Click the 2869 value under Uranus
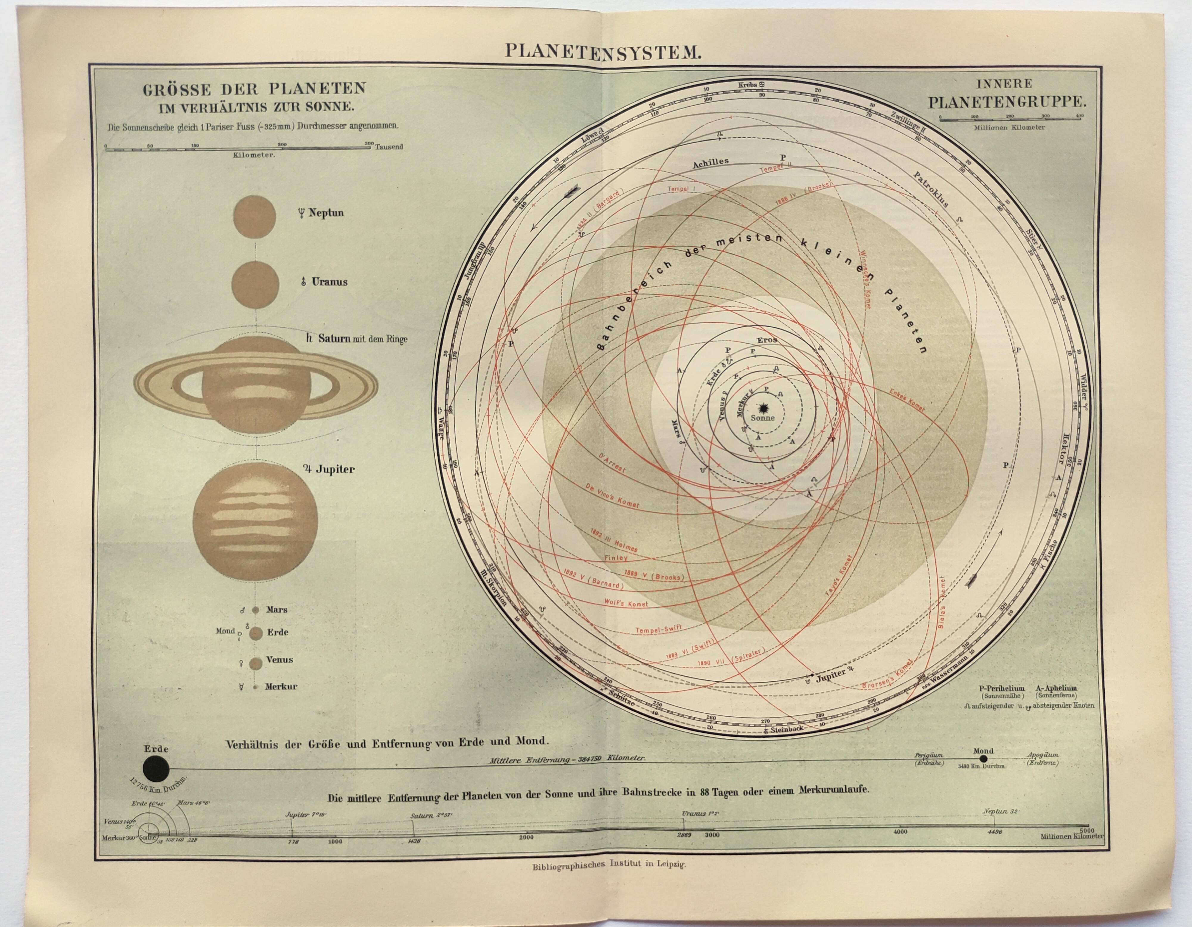tap(684, 835)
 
